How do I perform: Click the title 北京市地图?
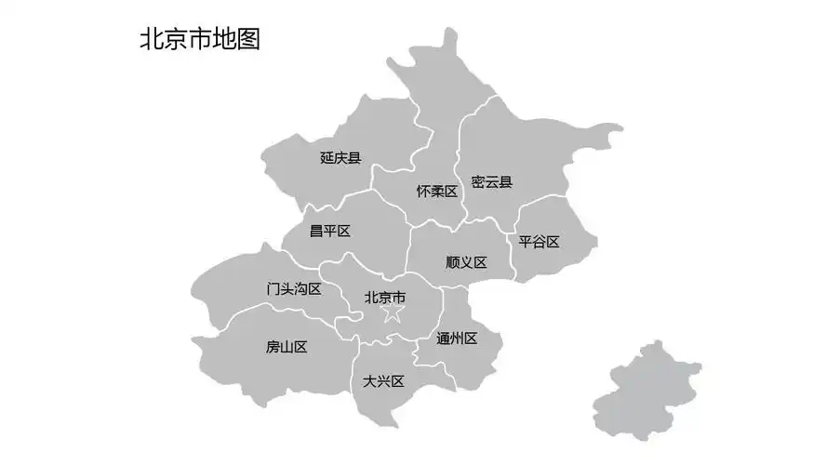coord(199,39)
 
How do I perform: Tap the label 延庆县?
coord(340,158)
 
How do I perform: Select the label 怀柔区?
coord(436,192)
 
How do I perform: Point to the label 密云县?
coord(491,182)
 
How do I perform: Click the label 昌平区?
coord(329,231)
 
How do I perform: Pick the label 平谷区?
coord(539,242)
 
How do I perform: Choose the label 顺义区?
coord(466,263)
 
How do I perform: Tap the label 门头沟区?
coord(293,289)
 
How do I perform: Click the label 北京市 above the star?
coord(384,298)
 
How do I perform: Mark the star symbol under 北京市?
coord(393,314)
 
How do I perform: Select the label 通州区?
coord(457,339)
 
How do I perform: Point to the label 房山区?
coord(287,347)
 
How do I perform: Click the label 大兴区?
coord(383,381)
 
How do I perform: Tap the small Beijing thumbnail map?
coord(647,391)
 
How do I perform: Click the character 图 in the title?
coord(247,39)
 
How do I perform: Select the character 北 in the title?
coord(151,39)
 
